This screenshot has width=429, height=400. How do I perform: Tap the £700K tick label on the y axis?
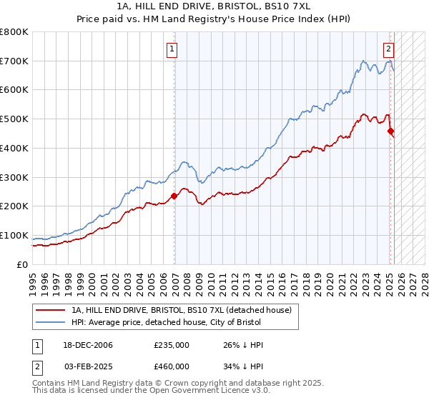coord(14,61)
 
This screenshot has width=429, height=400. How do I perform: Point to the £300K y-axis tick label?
coord(14,177)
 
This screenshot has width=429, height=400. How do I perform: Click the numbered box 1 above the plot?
coord(173,49)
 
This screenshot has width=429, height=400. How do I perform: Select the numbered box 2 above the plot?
coord(388,49)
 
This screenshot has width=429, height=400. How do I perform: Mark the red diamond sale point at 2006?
coord(174,196)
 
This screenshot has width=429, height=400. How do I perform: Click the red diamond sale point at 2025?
coord(390,131)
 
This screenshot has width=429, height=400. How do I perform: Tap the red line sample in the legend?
coord(50,311)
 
